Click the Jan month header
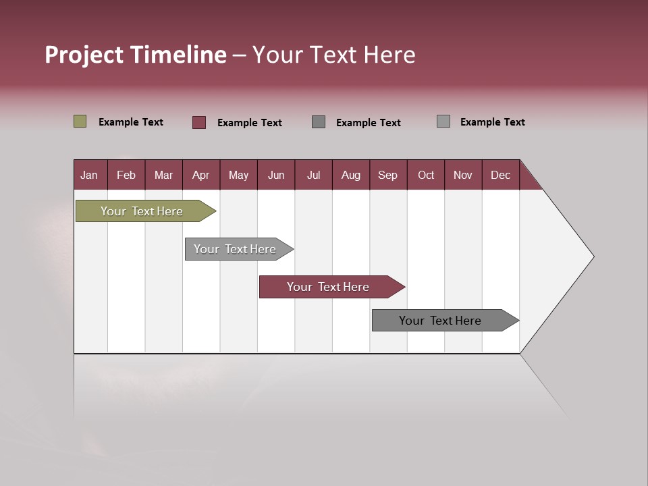pyautogui.click(x=89, y=175)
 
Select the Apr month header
pyautogui.click(x=200, y=175)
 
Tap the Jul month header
pyautogui.click(x=313, y=175)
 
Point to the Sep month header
pyautogui.click(x=387, y=175)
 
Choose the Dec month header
pyautogui.click(x=500, y=175)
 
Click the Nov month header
pyautogui.click(x=462, y=175)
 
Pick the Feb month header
pyautogui.click(x=126, y=175)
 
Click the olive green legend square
pyautogui.click(x=80, y=122)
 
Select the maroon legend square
pyautogui.click(x=199, y=122)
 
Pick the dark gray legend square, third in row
pyautogui.click(x=319, y=122)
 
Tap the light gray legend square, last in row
pyautogui.click(x=443, y=122)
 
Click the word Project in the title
pyautogui.click(x=84, y=55)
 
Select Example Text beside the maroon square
pyautogui.click(x=249, y=123)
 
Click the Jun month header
pyautogui.click(x=275, y=175)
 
